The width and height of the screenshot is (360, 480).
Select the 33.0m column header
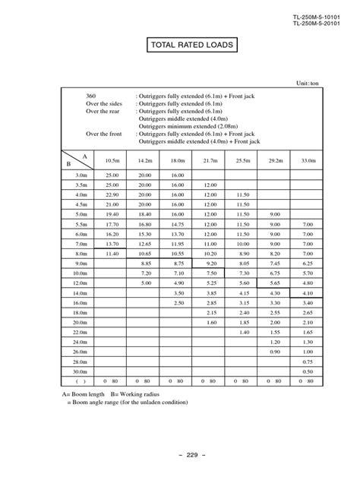click(308, 160)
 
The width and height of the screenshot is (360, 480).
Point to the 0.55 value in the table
click(308, 371)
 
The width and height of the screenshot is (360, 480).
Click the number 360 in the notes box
click(90, 99)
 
